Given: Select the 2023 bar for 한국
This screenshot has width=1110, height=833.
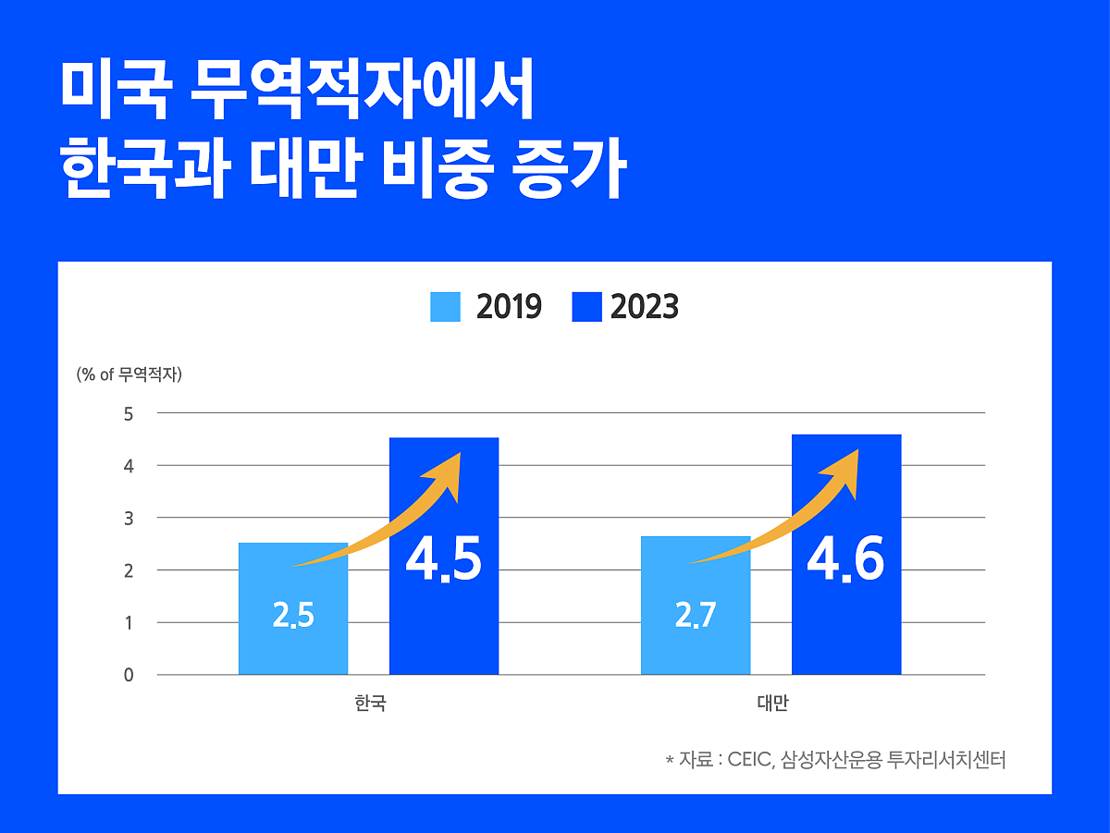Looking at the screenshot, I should pos(444,629).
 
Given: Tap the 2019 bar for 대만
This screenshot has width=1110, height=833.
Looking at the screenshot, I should pos(696,647).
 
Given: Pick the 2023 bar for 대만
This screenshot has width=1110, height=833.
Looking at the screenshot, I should pos(846,629).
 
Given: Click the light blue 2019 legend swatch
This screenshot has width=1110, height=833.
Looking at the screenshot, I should pos(445,307).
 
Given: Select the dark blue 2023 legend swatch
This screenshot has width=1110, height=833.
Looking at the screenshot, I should pos(586,307).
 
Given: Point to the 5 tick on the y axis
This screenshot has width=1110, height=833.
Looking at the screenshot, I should pos(129,413).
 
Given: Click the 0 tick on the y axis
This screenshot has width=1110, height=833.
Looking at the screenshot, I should pos(129,675).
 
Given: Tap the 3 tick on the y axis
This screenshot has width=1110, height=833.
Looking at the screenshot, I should pos(129,518).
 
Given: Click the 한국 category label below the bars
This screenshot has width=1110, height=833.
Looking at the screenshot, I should pos(370,704).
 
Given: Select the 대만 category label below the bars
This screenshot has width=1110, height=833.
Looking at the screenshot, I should pos(772,704).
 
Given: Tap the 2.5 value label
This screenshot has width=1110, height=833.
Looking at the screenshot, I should pos(293,616).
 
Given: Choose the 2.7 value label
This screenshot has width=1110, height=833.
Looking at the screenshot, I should pos(696,616).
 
